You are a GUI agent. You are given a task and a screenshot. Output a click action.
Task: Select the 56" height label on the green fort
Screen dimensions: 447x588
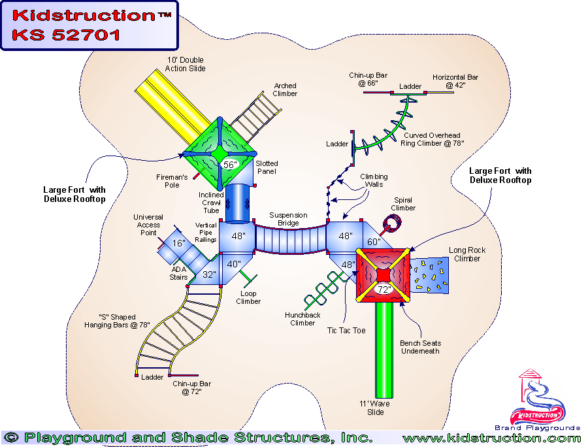[229, 165]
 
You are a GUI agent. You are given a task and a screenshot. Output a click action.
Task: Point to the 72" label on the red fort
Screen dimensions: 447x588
[384, 290]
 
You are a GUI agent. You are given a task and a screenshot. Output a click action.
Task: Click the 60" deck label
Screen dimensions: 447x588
[373, 242]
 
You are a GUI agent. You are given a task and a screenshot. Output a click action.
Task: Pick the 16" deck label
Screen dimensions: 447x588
[178, 244]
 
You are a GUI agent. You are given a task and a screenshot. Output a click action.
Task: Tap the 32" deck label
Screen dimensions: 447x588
[208, 274]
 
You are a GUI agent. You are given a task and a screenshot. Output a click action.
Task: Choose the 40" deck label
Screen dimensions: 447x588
[233, 264]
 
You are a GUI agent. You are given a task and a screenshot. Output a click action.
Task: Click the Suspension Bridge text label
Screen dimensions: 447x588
[288, 219]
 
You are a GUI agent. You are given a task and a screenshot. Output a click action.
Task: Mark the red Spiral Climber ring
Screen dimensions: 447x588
[392, 224]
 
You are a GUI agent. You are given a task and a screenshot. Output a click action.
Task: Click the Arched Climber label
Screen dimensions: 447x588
[286, 90]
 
